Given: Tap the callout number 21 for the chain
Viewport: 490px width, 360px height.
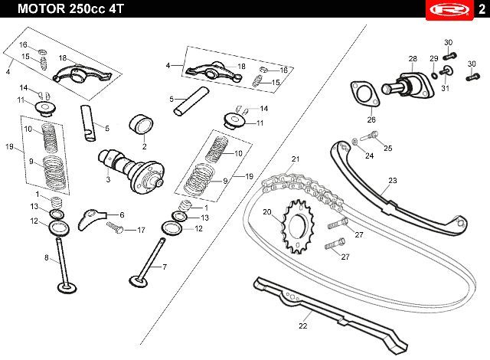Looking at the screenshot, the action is point(296,159).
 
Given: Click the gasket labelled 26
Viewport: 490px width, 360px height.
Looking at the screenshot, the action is point(365,94).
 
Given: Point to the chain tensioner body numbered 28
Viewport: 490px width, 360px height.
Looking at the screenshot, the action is point(408,84).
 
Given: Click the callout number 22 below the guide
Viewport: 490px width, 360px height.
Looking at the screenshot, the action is point(303,326).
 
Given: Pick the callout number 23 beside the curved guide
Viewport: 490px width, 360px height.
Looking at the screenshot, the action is point(393,180).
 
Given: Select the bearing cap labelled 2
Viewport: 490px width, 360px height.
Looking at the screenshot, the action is point(141,125).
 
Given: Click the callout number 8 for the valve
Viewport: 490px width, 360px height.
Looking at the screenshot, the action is point(47,258).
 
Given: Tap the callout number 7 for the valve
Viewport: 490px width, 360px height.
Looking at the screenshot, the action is point(165,267).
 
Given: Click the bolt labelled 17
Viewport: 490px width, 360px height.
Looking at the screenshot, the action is point(115,227).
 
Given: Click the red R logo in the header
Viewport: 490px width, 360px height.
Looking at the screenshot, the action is point(449,10).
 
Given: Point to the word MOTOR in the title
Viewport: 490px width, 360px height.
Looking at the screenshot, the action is point(41,8).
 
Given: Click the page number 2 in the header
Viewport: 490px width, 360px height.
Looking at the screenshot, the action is point(482,9).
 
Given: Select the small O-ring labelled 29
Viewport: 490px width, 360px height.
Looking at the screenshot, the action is point(434,75).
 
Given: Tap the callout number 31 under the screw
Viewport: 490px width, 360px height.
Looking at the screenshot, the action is point(445,88).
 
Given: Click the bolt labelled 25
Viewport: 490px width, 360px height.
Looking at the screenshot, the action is point(369,136).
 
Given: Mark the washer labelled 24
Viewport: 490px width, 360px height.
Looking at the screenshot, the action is point(355,142).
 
